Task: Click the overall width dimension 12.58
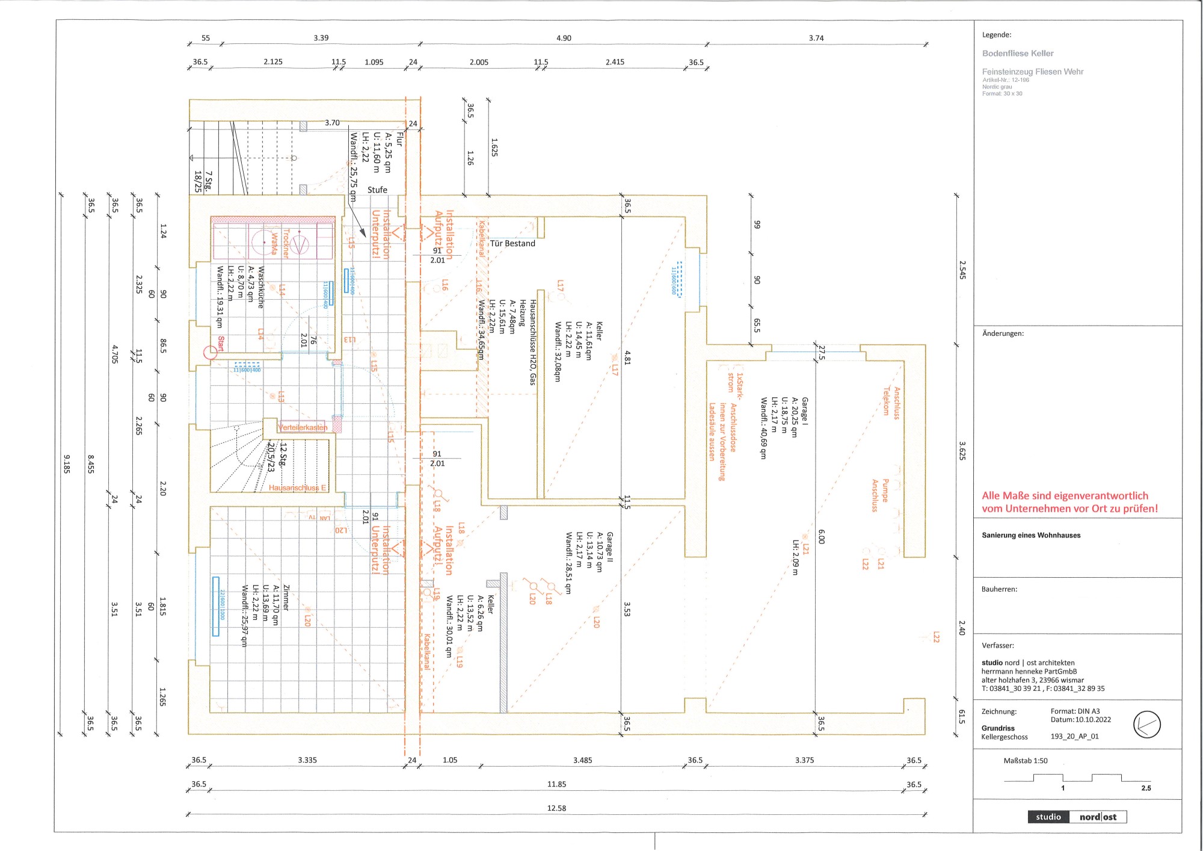click(x=556, y=808)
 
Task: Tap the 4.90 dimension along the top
click(x=564, y=38)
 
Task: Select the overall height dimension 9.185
click(x=67, y=463)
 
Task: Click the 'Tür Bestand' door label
click(x=512, y=244)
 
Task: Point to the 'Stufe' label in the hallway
click(x=377, y=190)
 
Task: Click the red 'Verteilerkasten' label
click(x=303, y=427)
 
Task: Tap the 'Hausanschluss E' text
click(x=297, y=487)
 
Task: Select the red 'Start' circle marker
click(x=210, y=353)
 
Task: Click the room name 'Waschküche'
click(x=261, y=288)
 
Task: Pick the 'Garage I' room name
click(x=805, y=412)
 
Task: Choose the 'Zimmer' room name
click(x=286, y=598)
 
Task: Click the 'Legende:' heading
click(x=997, y=35)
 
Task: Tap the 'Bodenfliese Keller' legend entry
click(x=1018, y=54)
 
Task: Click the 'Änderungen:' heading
click(x=1003, y=333)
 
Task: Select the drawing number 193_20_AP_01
click(x=1074, y=737)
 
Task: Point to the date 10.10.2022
click(x=1093, y=720)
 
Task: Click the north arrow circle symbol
click(x=1146, y=724)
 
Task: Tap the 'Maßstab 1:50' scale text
click(x=1025, y=761)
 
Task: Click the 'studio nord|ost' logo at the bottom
click(x=1077, y=817)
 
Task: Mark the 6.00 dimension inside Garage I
click(x=822, y=537)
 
